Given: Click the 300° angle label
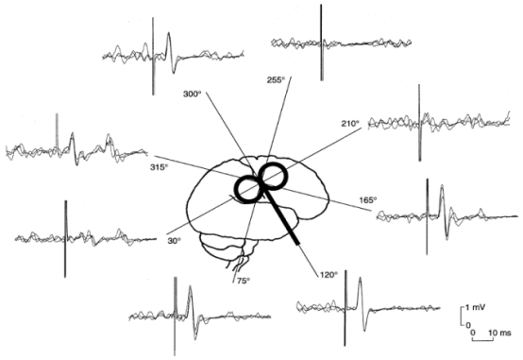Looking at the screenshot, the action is (193, 95).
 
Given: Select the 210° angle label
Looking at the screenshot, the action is (351, 124).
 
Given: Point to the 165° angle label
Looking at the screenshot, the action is (367, 200).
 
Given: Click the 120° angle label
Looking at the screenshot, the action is (327, 275).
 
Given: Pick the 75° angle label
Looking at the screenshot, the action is (241, 280).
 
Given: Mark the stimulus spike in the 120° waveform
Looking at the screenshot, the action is (346, 307).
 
